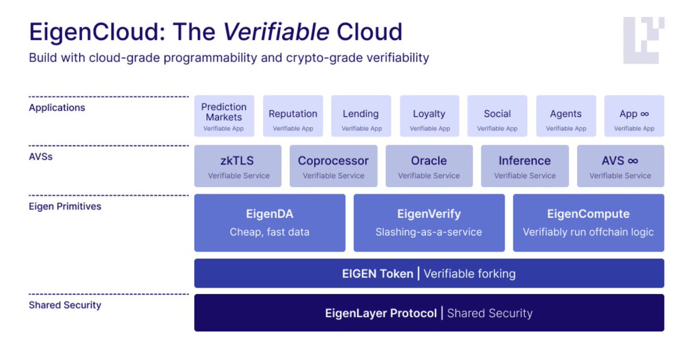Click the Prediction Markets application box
click(x=224, y=116)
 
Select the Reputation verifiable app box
click(x=293, y=116)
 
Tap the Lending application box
click(x=361, y=116)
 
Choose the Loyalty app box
click(x=429, y=116)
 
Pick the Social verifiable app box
click(x=497, y=116)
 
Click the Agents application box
click(x=566, y=116)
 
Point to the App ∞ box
click(x=634, y=116)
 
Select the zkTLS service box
click(x=238, y=166)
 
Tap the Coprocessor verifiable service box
click(x=334, y=166)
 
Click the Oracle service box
click(x=429, y=166)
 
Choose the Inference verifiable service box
click(x=525, y=166)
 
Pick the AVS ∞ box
click(x=620, y=166)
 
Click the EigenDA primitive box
click(x=270, y=223)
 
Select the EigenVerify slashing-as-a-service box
click(x=429, y=223)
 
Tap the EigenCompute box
click(x=589, y=223)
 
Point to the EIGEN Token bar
click(x=429, y=273)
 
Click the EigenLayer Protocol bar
click(x=429, y=313)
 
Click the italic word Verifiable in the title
click(x=277, y=32)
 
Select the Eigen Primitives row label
click(x=65, y=206)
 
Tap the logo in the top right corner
click(x=644, y=40)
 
